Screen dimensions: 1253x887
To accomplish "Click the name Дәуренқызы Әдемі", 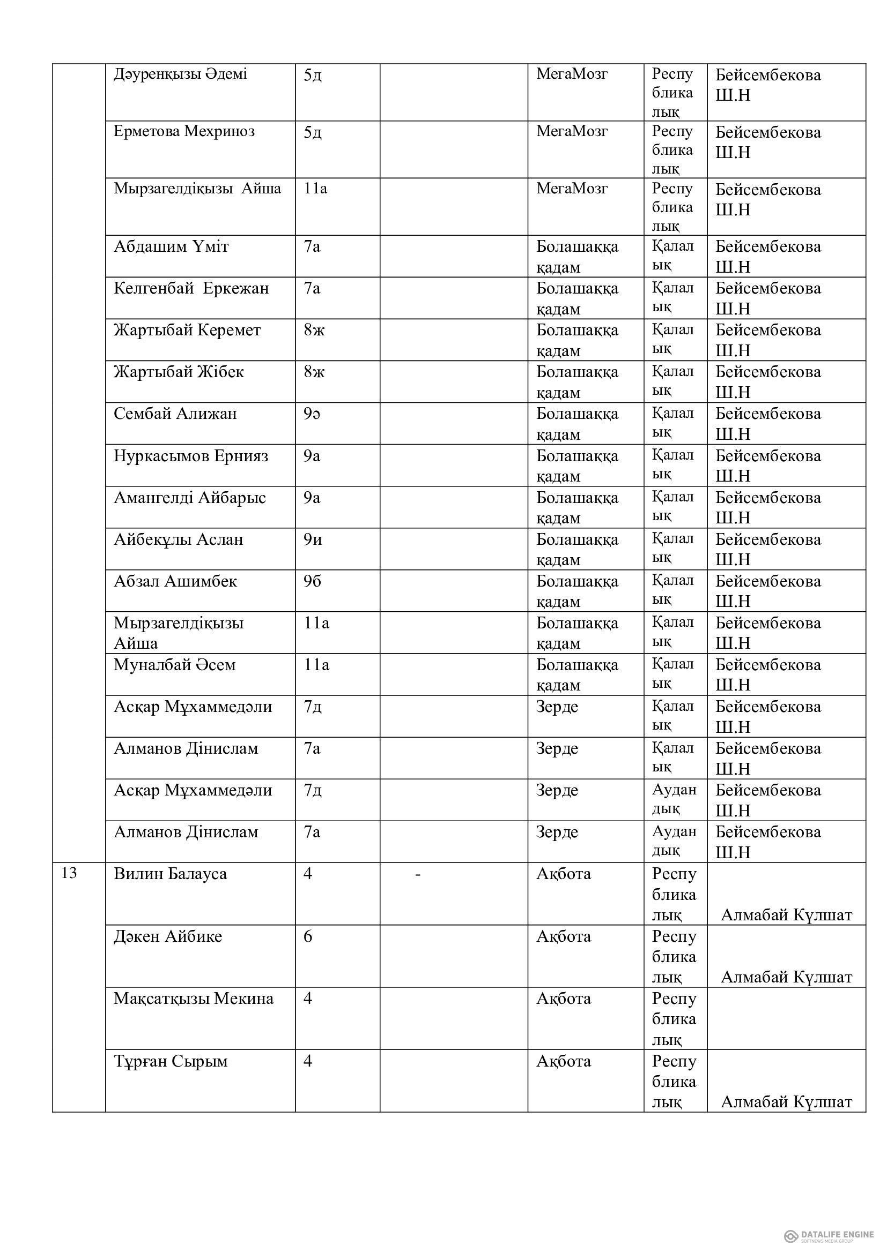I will click(180, 74).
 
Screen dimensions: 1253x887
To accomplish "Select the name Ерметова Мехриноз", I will click(184, 132).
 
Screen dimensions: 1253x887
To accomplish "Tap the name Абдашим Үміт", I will click(171, 246).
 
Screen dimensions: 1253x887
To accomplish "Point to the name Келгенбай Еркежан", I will click(191, 288).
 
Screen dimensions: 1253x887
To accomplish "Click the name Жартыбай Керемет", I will click(187, 330).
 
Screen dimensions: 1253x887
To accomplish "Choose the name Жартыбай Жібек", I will click(179, 372).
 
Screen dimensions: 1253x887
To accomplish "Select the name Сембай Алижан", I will click(175, 414).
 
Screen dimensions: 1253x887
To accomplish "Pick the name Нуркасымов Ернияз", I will click(191, 456).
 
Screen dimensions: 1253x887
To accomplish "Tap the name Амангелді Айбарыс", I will click(189, 498).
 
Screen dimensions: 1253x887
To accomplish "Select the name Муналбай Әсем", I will click(175, 665).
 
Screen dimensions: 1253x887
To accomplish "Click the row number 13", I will click(69, 873).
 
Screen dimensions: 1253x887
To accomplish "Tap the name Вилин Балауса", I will click(170, 874).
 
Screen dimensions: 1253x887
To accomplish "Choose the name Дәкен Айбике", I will click(168, 936).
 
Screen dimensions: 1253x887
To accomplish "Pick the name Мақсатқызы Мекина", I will click(194, 999).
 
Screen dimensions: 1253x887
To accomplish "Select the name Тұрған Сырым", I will click(171, 1061).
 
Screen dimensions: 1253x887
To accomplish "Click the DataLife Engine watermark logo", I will click(825, 1220).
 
